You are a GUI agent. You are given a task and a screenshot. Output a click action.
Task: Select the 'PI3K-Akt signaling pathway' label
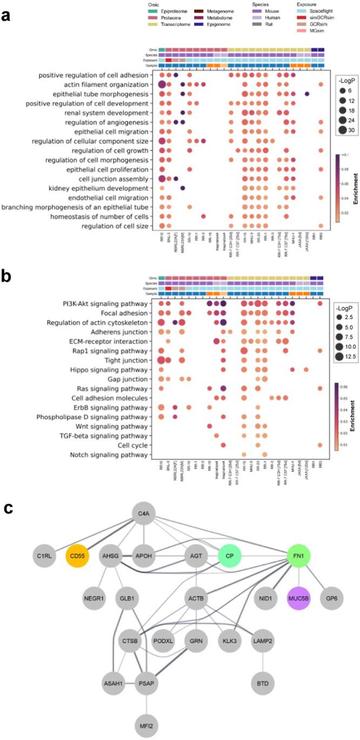(103, 304)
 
